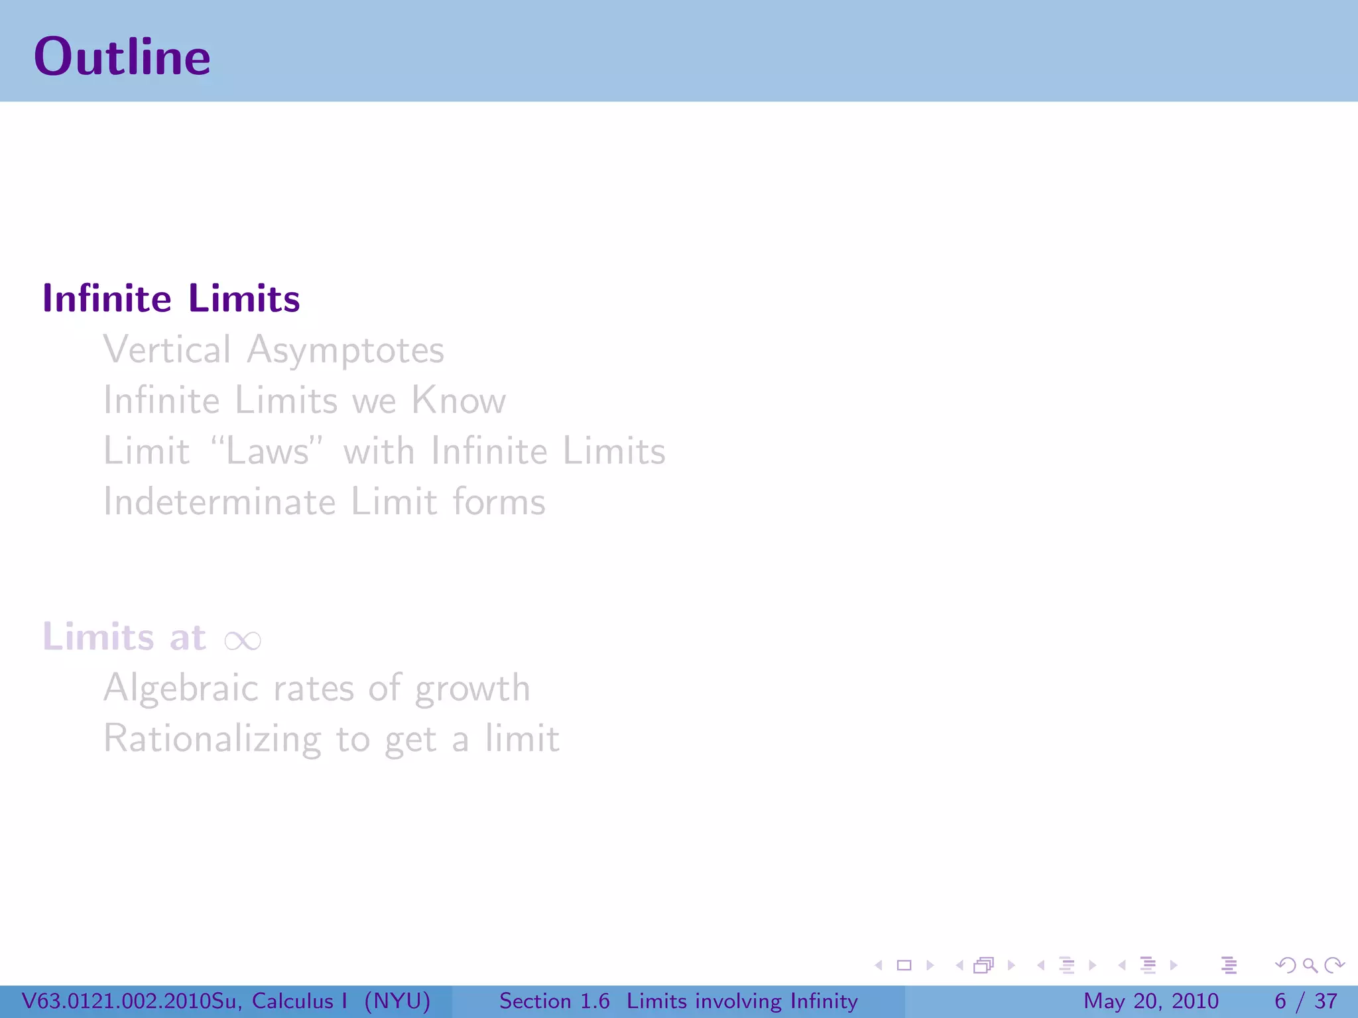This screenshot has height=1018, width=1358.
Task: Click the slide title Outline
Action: (122, 57)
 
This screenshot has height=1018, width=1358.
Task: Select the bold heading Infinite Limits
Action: (171, 298)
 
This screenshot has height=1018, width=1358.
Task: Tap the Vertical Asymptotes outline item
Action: (273, 350)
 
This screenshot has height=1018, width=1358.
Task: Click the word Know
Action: (458, 400)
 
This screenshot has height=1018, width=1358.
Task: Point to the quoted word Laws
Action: (267, 451)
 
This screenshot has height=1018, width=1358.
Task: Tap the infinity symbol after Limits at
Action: (243, 640)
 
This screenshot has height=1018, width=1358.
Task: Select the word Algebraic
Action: (180, 688)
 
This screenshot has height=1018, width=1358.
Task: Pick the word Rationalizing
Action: (212, 740)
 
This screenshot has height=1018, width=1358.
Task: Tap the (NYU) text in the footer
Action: (397, 1001)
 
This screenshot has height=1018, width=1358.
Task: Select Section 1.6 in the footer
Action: (554, 1001)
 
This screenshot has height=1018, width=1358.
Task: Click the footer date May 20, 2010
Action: (1150, 1001)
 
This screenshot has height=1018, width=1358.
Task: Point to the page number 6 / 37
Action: (1305, 1001)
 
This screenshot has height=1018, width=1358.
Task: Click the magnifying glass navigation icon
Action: (1310, 965)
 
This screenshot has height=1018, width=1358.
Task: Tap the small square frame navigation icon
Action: (904, 965)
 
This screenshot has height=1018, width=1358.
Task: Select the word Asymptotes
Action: (345, 350)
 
